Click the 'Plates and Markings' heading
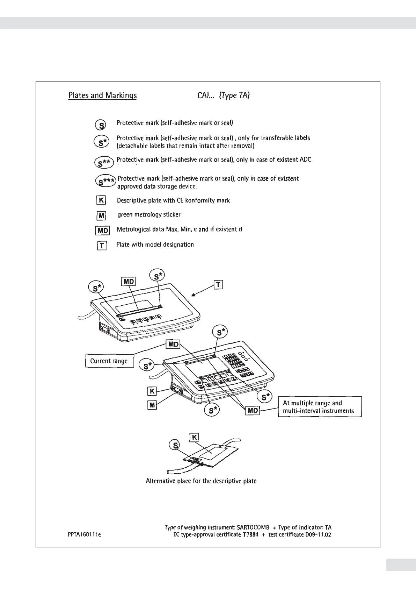(x=102, y=95)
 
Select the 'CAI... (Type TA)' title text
(x=224, y=95)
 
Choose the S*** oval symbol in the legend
(x=105, y=181)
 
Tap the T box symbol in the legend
(x=101, y=246)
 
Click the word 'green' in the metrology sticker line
(x=125, y=214)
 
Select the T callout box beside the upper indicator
(x=218, y=285)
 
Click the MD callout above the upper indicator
(x=128, y=282)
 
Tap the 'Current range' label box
(x=109, y=361)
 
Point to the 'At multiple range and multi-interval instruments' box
(x=320, y=407)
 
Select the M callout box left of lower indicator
(x=152, y=405)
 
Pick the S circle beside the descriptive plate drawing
(x=174, y=445)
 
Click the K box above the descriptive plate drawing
(x=194, y=437)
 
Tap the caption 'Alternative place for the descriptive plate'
(x=201, y=481)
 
